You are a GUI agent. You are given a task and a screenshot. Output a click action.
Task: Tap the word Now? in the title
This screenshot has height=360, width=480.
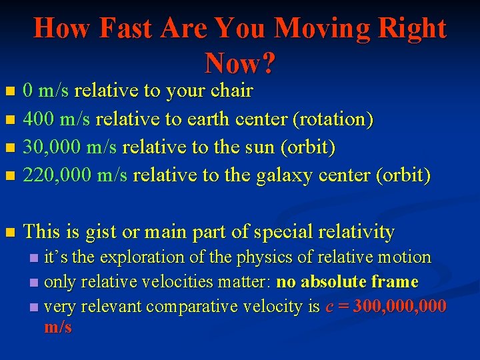click(x=240, y=63)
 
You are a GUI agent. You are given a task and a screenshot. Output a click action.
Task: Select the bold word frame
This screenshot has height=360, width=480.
click(x=396, y=282)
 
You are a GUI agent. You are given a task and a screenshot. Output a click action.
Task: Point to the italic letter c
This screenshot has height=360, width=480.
click(x=329, y=307)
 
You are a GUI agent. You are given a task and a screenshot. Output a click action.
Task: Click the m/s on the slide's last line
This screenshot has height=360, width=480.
click(x=57, y=327)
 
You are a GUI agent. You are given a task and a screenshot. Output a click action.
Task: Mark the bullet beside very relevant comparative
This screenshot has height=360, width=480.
click(x=35, y=307)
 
